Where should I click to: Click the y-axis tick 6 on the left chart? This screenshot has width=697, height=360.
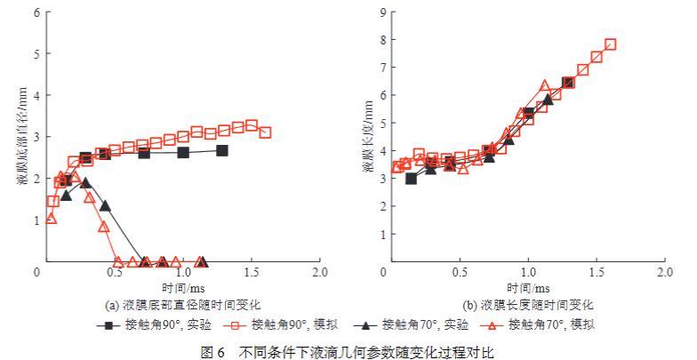tap(36, 12)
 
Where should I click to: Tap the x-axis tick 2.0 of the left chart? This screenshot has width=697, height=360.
tap(319, 274)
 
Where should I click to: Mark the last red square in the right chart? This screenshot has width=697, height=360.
tap(610, 44)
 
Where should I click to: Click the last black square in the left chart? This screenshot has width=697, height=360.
tap(221, 150)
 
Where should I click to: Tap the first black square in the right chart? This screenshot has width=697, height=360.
tap(411, 179)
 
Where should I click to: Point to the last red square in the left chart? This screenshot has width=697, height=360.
tap(265, 132)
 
